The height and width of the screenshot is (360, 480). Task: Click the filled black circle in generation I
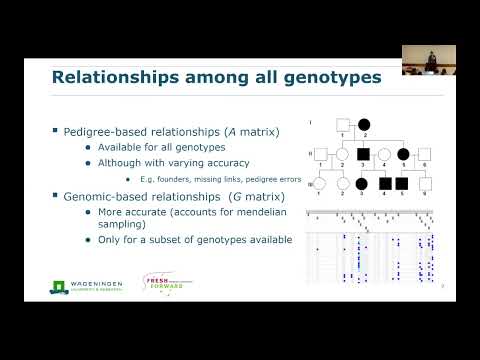[x=365, y=125]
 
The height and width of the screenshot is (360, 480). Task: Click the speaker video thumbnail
[x=429, y=59]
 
